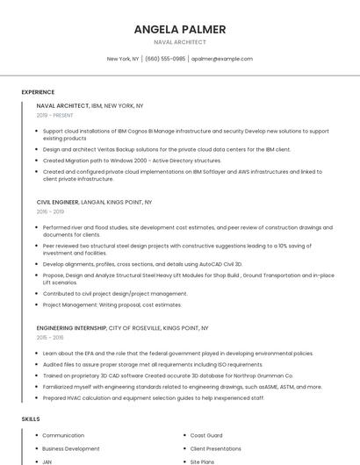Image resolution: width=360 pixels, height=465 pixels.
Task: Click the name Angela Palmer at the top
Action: pyautogui.click(x=179, y=29)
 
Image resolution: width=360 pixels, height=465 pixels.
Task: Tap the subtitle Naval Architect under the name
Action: pyautogui.click(x=179, y=42)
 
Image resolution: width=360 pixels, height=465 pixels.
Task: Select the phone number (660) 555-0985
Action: pyautogui.click(x=165, y=59)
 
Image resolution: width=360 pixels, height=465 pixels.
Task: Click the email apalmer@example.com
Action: pyautogui.click(x=222, y=59)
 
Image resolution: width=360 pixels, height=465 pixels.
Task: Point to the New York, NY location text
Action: pyautogui.click(x=123, y=59)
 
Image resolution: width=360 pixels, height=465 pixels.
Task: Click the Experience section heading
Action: pyautogui.click(x=38, y=92)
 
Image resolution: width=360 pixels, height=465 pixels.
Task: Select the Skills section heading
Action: pyautogui.click(x=31, y=419)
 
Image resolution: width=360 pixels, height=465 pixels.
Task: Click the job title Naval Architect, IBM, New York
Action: pyautogui.click(x=90, y=105)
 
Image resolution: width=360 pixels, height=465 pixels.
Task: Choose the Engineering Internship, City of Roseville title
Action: pyautogui.click(x=122, y=327)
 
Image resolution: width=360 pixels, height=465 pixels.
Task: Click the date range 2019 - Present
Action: pyautogui.click(x=55, y=115)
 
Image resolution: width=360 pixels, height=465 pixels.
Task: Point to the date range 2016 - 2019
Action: pyautogui.click(x=50, y=211)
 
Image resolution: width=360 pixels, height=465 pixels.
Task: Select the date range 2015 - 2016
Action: pyautogui.click(x=50, y=337)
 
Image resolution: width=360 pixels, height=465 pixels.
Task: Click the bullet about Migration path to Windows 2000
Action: pyautogui.click(x=132, y=161)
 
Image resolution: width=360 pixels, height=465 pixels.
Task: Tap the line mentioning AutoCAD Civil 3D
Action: pyautogui.click(x=142, y=263)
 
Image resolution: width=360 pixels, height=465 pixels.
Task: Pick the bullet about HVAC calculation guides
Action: pyautogui.click(x=153, y=397)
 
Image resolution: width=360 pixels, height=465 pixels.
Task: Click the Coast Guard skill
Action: pyautogui.click(x=206, y=435)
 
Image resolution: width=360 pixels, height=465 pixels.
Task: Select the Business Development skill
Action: pyautogui.click(x=71, y=448)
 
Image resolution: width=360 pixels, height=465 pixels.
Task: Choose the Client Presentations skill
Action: pyautogui.click(x=216, y=448)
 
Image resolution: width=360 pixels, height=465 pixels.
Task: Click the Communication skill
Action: pyautogui.click(x=63, y=435)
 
